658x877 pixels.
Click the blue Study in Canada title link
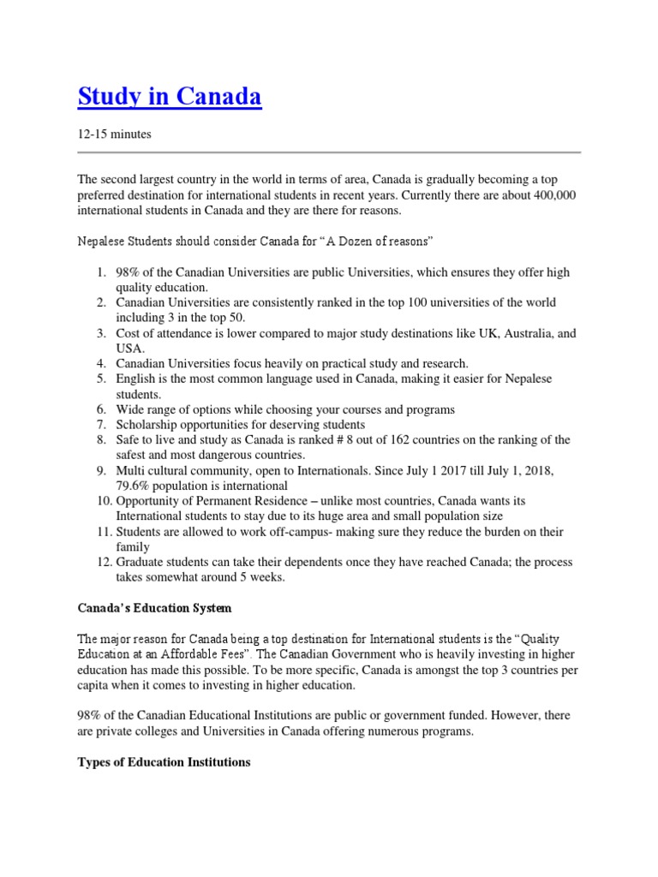point(170,98)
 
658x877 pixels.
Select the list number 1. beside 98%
point(100,272)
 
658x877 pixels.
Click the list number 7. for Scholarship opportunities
point(100,425)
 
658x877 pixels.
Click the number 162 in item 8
point(375,440)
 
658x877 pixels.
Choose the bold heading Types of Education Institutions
point(164,761)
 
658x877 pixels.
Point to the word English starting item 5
point(136,379)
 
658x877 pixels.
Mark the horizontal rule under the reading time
point(329,152)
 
